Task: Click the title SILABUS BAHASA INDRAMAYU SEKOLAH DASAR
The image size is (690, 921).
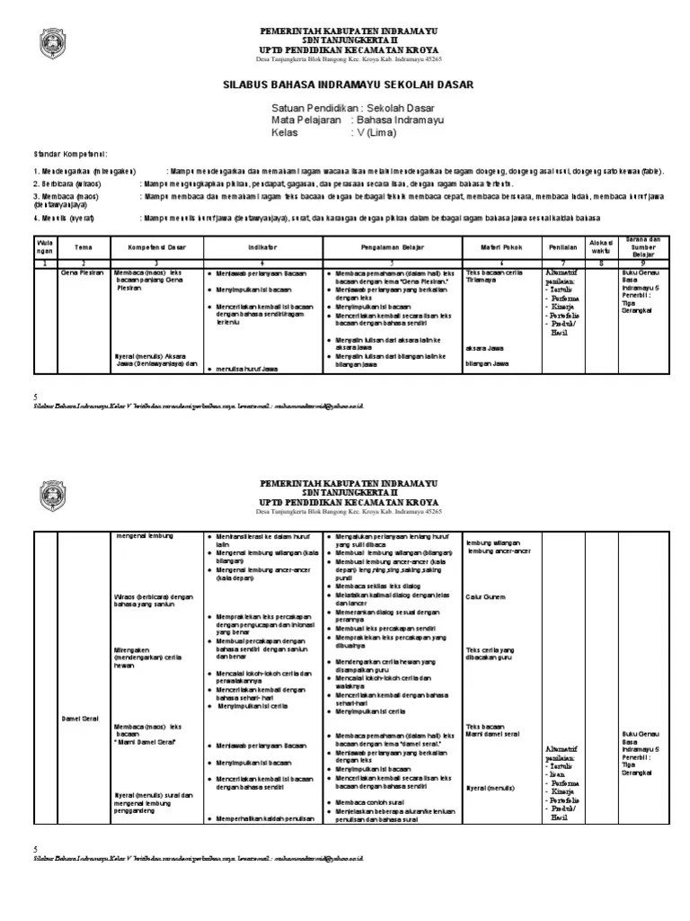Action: (347, 85)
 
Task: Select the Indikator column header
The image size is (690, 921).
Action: (261, 246)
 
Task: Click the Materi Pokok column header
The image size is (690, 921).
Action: (498, 246)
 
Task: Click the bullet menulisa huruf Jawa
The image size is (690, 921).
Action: (248, 369)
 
